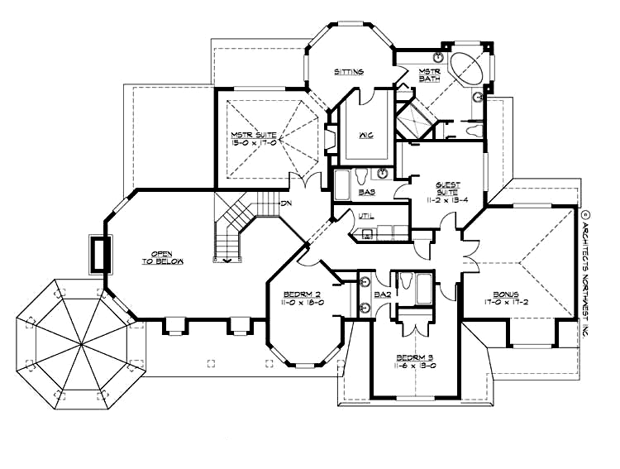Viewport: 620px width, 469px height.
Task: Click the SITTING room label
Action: tap(349, 72)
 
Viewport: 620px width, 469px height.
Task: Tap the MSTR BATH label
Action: tap(428, 74)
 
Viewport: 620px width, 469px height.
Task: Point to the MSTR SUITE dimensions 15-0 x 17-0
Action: tap(253, 142)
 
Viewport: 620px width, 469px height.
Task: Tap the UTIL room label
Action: tap(366, 216)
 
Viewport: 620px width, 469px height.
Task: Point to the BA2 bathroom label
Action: tap(382, 293)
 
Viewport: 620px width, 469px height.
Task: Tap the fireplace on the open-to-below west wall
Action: tap(100, 255)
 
